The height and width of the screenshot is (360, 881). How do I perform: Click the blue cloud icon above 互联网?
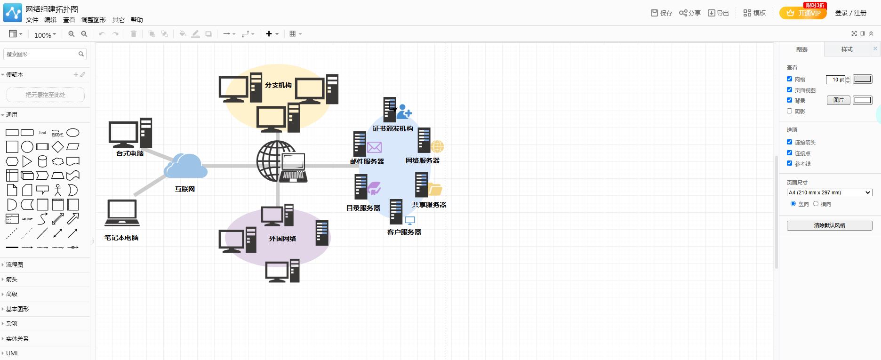click(x=185, y=166)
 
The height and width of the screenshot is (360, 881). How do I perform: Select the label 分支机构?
click(x=278, y=85)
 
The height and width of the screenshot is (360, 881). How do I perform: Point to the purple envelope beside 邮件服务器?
click(x=374, y=147)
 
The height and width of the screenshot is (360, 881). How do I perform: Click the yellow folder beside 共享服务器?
click(x=435, y=189)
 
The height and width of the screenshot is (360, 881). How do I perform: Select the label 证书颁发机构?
click(x=392, y=128)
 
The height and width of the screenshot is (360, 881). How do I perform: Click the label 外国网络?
click(x=282, y=239)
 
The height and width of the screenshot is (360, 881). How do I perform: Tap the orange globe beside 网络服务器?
click(x=437, y=146)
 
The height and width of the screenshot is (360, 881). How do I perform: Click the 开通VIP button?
click(x=803, y=13)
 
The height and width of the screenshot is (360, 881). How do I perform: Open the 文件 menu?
click(x=32, y=20)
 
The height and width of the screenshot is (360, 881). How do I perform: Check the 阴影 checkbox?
click(x=790, y=111)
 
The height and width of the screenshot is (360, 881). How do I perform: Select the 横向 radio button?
click(x=816, y=204)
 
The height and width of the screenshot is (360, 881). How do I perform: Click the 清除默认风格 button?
click(x=829, y=225)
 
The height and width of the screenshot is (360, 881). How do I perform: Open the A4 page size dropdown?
click(x=829, y=192)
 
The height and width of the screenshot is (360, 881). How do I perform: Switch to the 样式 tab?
click(x=847, y=49)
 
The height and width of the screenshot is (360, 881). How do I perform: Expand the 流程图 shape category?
click(x=15, y=265)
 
